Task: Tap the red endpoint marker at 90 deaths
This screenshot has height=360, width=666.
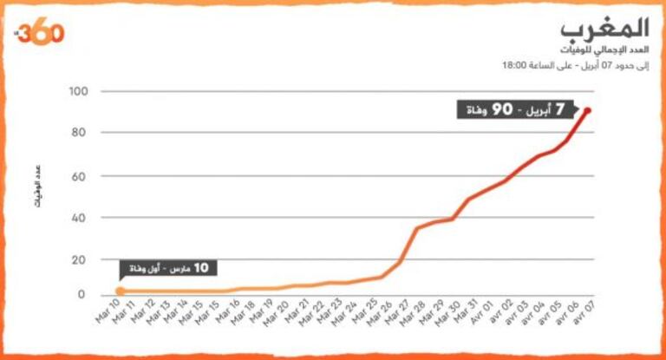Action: pyautogui.click(x=588, y=110)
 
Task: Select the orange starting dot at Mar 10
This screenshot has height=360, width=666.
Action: pyautogui.click(x=121, y=291)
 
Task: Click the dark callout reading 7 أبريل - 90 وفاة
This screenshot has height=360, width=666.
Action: pyautogui.click(x=518, y=110)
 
